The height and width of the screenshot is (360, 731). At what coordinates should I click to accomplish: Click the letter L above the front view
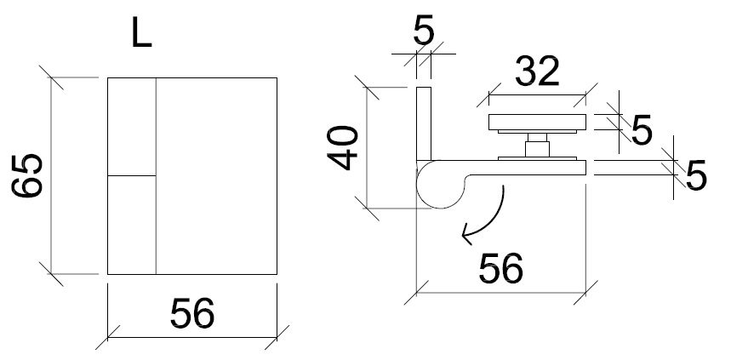[x=142, y=35]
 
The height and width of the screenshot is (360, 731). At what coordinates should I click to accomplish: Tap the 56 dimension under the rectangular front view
[x=192, y=313]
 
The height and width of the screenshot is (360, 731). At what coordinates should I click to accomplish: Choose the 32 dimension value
[x=538, y=71]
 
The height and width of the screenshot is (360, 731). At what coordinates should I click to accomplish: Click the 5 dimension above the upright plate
[x=424, y=31]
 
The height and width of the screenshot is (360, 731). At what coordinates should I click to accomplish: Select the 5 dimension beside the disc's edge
[x=641, y=130]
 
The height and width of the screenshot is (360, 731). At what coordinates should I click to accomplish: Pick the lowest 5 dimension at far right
[x=696, y=177]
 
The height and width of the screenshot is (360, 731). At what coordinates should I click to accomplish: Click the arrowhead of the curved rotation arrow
[x=465, y=231]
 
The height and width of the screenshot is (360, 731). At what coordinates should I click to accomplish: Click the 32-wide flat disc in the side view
[x=537, y=122]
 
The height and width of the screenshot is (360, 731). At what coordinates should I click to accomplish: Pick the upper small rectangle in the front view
[x=131, y=127]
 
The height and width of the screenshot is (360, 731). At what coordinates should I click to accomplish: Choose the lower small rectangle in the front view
[x=131, y=225]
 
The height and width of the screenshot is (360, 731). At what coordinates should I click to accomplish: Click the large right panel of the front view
[x=217, y=176]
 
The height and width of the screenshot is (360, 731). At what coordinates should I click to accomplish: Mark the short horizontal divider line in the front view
[x=131, y=176]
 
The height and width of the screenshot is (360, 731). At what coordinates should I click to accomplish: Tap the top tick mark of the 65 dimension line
[x=53, y=78]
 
